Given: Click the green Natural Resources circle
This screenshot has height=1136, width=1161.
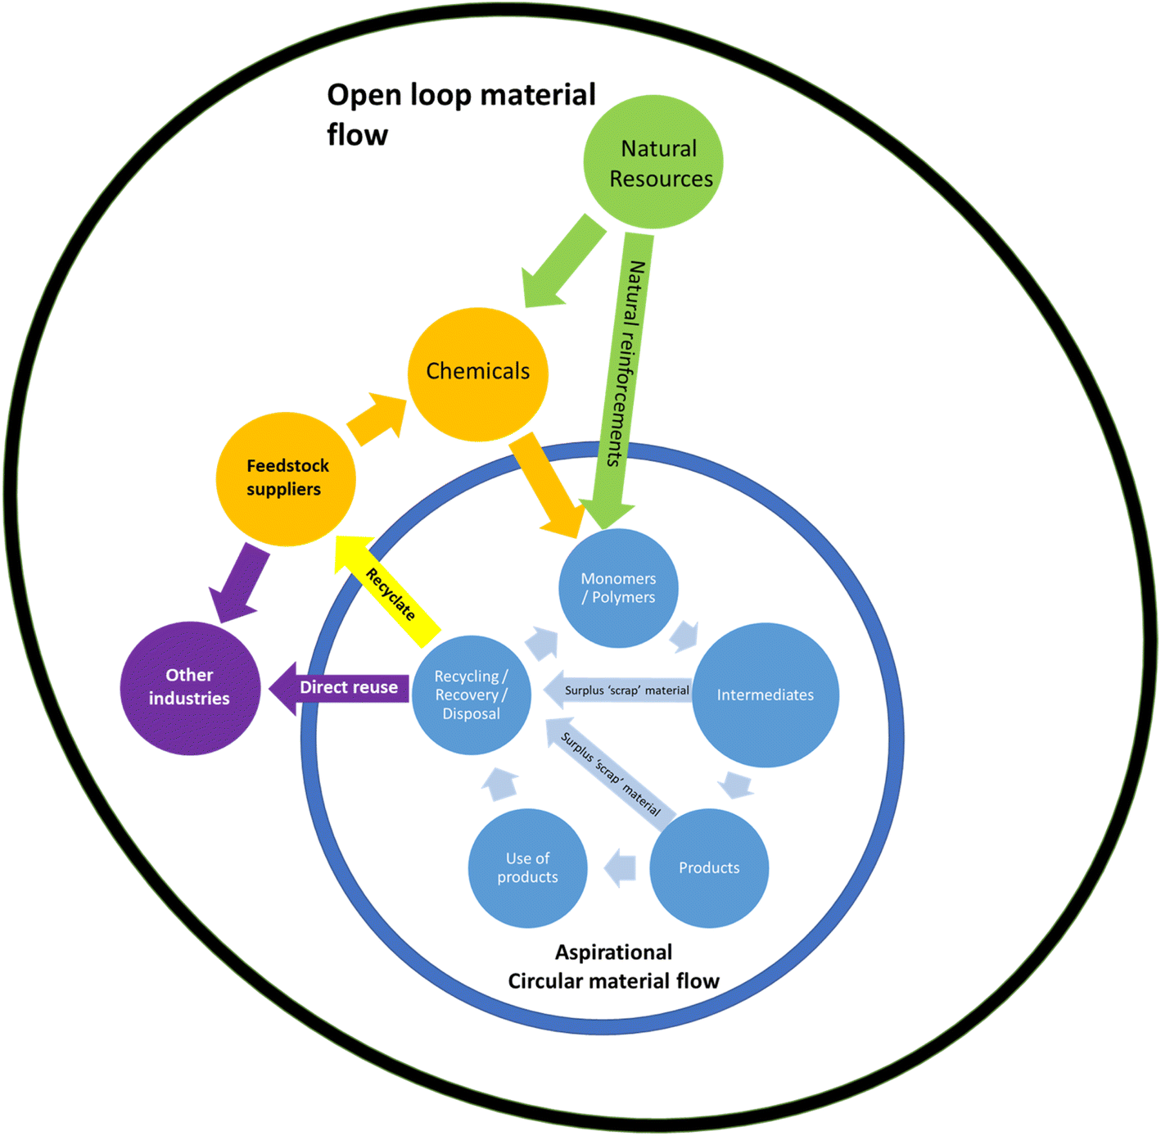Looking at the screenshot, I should (653, 162).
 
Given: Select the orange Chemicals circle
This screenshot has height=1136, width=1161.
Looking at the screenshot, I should (478, 373).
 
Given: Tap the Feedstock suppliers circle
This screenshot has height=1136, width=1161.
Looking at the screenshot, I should (286, 479).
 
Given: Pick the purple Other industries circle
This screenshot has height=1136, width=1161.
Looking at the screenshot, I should (190, 688).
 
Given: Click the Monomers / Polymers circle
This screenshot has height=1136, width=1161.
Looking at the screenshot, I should (619, 588).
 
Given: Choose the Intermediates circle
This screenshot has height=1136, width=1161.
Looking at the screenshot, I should (766, 695).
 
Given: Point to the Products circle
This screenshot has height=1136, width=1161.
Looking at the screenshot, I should (709, 868).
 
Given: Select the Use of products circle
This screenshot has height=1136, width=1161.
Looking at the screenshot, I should (528, 868).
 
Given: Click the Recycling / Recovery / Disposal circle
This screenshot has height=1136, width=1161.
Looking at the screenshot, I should (472, 695).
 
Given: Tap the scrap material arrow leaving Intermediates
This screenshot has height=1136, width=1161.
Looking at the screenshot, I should (620, 690).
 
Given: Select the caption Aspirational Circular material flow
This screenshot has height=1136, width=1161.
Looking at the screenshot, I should (613, 967).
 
